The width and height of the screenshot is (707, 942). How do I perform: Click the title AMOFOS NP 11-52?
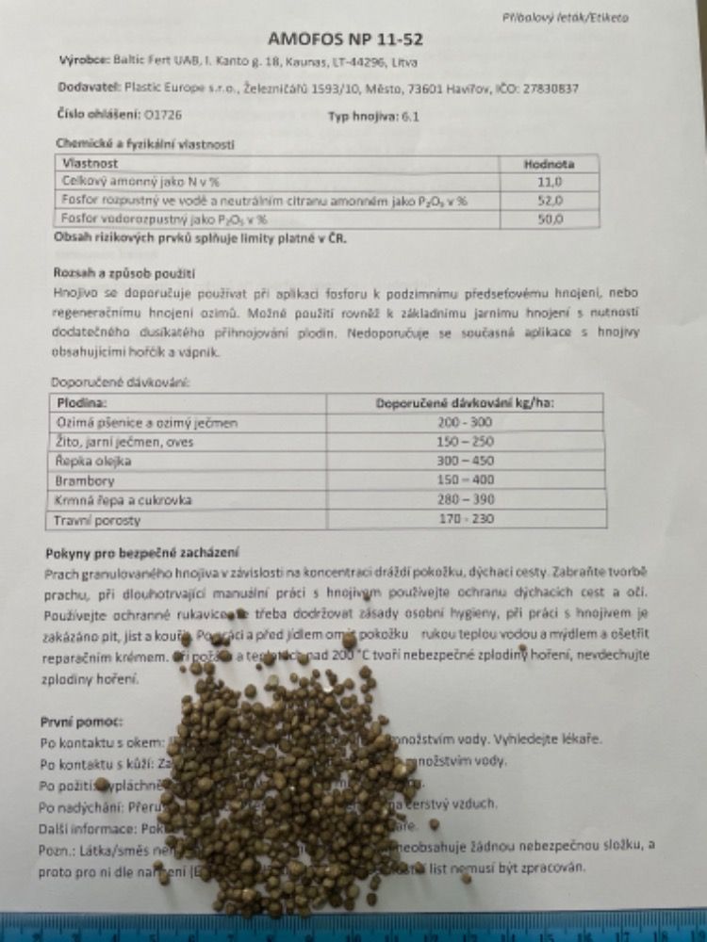click(x=345, y=39)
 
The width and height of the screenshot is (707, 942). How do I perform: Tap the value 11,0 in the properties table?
click(x=550, y=181)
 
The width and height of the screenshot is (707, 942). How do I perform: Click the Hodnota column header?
click(x=549, y=163)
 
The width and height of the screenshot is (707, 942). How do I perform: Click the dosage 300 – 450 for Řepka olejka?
click(x=466, y=462)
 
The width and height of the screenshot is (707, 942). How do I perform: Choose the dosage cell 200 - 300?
click(x=466, y=422)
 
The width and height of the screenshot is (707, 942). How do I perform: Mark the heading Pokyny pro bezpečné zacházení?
click(x=141, y=551)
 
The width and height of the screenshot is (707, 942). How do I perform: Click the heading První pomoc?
click(x=80, y=722)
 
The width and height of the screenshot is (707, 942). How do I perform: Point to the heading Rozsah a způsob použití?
click(x=124, y=272)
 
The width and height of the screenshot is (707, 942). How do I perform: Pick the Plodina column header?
click(x=82, y=402)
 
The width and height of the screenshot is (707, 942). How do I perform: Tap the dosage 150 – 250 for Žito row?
click(x=466, y=442)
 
